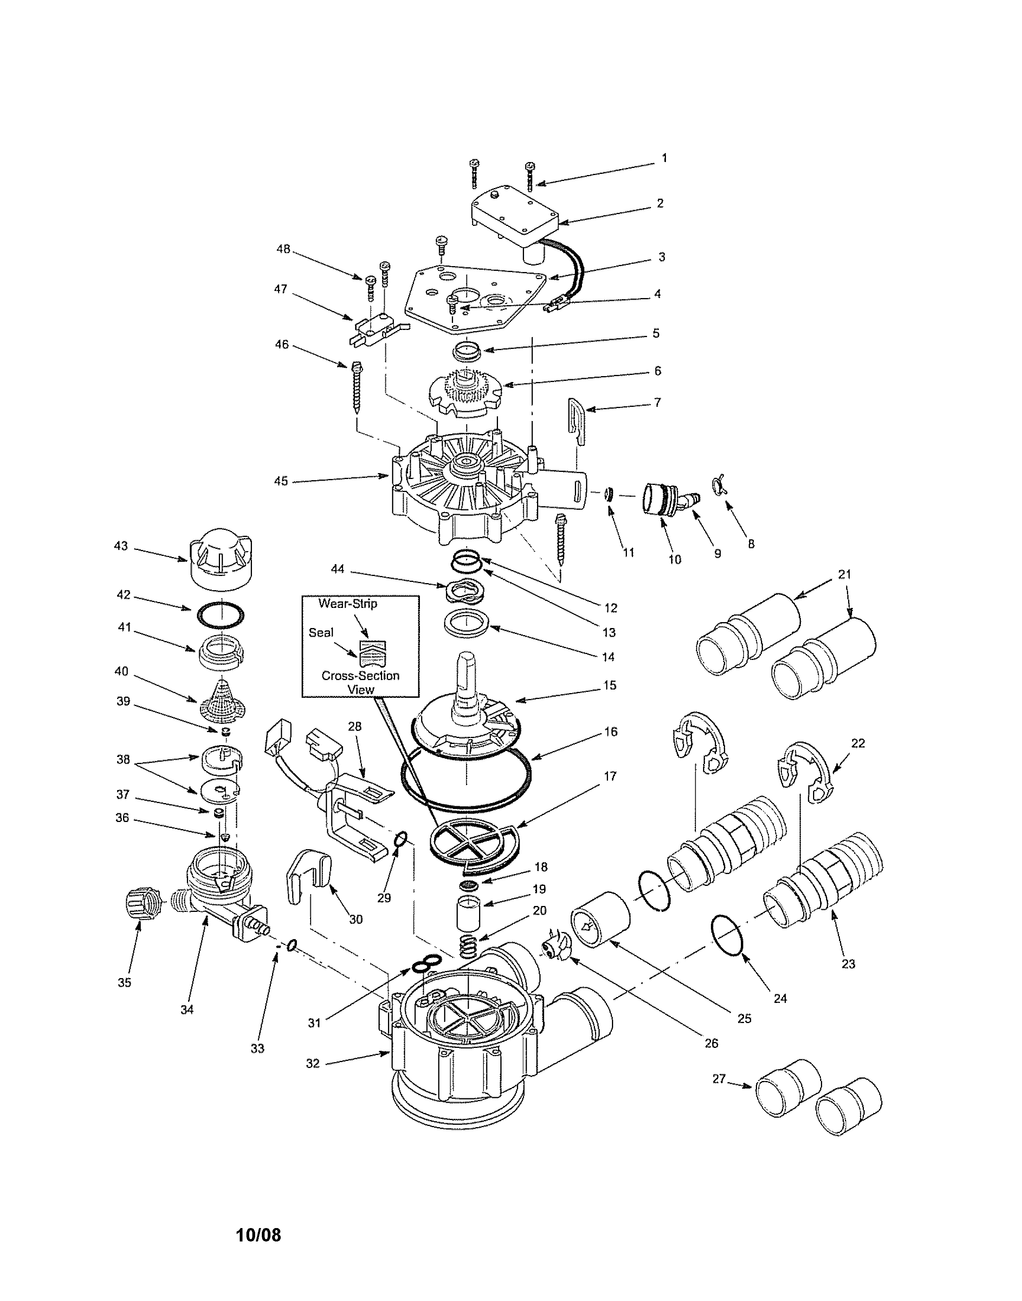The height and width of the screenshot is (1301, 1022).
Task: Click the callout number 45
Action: [x=281, y=481]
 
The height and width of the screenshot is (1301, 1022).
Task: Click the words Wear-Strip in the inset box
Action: [x=348, y=604]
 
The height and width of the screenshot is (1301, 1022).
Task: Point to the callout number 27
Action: [x=719, y=1079]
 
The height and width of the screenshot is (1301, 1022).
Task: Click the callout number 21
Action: [x=844, y=574]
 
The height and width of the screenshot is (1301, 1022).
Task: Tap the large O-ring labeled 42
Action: [x=221, y=614]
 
